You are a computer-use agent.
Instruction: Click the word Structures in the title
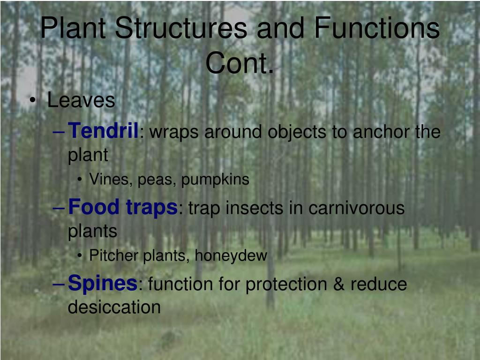click(x=181, y=28)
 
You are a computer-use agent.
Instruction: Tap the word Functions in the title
click(x=377, y=28)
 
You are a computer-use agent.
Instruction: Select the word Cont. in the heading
click(x=240, y=63)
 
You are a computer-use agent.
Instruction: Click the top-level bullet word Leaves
click(x=81, y=100)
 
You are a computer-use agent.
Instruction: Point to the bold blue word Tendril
click(x=103, y=130)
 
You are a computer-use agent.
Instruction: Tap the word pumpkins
click(x=215, y=180)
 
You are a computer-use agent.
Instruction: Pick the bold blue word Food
click(x=94, y=207)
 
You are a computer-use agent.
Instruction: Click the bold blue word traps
click(x=151, y=208)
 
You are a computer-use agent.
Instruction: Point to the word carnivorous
click(x=357, y=208)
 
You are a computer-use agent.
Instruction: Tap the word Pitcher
click(x=113, y=255)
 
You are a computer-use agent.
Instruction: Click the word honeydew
click(x=231, y=255)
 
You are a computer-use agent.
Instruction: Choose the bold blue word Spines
click(x=103, y=284)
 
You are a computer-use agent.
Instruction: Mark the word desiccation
click(x=114, y=307)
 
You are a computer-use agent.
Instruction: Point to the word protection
click(x=286, y=285)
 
